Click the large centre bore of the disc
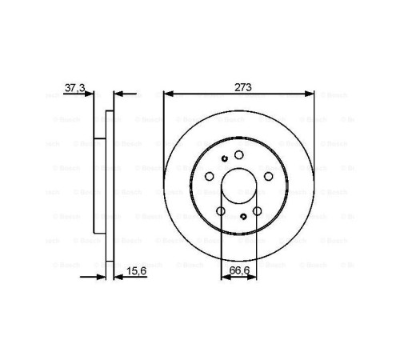(x=238, y=188)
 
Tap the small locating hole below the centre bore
(x=243, y=217)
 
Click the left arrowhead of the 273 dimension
(x=167, y=94)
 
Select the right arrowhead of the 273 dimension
(x=310, y=94)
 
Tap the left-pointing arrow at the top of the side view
(x=120, y=94)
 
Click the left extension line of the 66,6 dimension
(x=221, y=240)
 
